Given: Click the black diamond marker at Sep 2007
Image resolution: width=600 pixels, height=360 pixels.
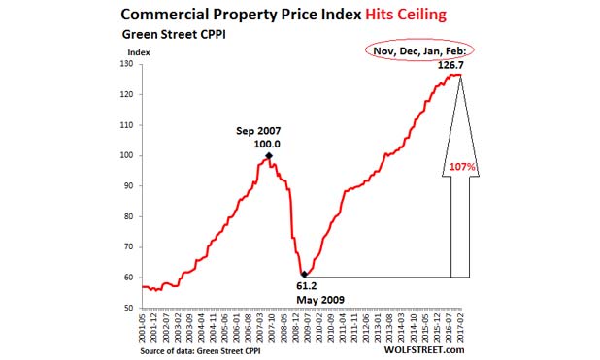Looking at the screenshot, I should [268, 155].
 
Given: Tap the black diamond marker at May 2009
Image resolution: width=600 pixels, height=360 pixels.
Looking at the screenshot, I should [305, 274].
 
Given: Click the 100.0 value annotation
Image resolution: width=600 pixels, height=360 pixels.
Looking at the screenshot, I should [267, 143].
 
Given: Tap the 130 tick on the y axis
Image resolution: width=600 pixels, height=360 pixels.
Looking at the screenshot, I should [128, 64].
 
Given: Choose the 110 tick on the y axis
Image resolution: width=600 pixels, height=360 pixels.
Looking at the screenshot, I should [128, 125].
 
